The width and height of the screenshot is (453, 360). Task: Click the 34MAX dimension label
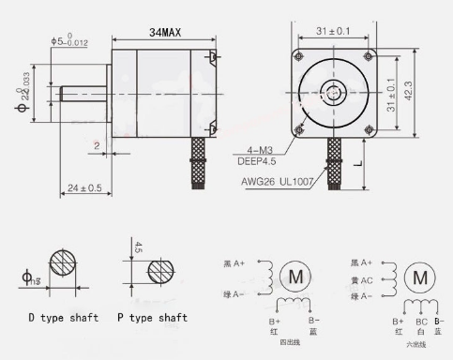point(164,32)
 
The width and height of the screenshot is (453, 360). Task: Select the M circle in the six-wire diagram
point(420,277)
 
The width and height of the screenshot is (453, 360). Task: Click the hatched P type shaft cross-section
point(168,273)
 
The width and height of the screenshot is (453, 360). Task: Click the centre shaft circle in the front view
point(334,93)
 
